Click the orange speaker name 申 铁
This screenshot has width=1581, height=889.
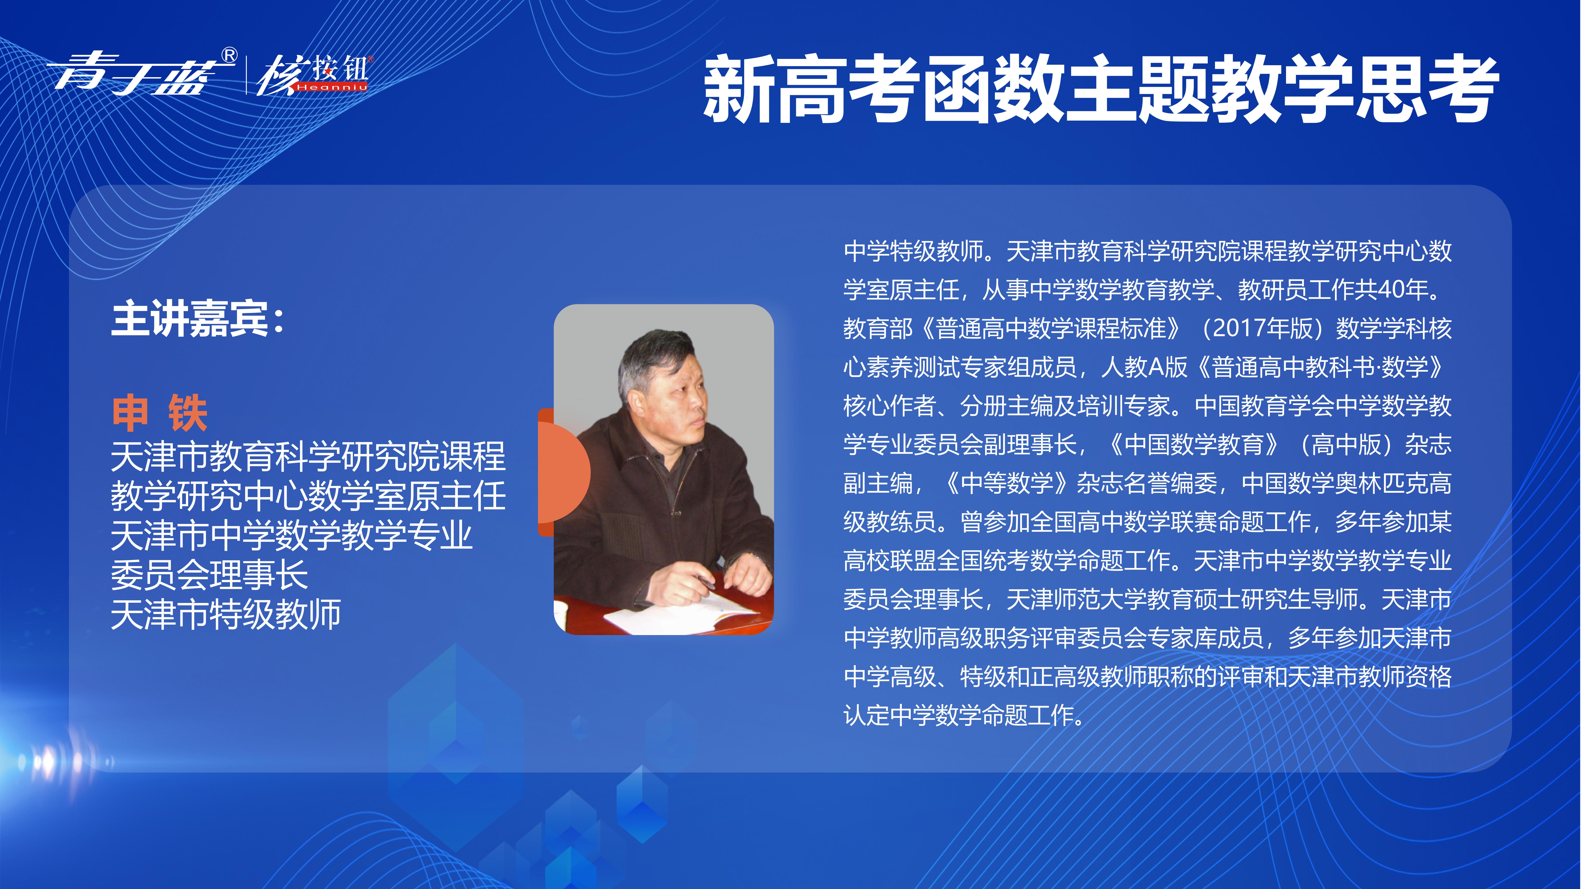[160, 413]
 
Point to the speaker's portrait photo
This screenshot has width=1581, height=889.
[663, 469]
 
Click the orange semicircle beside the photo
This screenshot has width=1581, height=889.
[563, 472]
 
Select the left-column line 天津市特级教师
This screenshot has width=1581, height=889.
[225, 614]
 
